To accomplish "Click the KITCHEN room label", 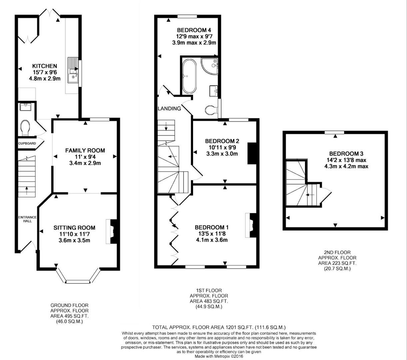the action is [45, 66].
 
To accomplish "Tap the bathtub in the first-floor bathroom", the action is [189, 76].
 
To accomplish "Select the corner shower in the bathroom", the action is [210, 66].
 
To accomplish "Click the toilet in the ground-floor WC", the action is [25, 128].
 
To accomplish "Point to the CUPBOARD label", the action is [27, 143].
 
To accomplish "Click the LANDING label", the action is [169, 108].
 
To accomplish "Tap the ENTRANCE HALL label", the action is [28, 219].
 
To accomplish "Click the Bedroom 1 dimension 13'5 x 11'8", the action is [212, 234].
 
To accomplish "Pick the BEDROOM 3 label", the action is [346, 154].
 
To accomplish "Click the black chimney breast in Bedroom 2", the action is [252, 153].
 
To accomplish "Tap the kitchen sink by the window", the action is [73, 70].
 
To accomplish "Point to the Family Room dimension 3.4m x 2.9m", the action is [85, 163].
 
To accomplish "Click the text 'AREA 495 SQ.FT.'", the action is [69, 316].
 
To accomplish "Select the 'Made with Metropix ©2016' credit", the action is [219, 356].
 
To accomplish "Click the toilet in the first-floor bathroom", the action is [211, 110].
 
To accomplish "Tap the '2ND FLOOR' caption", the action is [337, 252].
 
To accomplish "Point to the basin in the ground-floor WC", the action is [26, 107].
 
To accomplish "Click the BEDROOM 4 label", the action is [194, 30].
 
